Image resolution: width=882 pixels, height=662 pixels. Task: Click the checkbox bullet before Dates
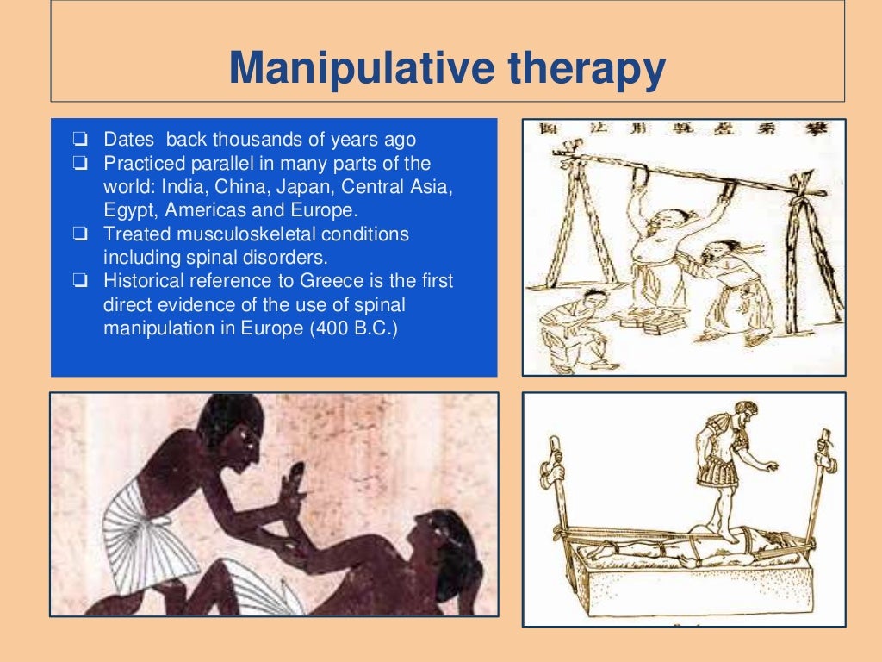pyautogui.click(x=79, y=141)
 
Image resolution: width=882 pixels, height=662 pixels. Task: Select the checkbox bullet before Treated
pyautogui.click(x=79, y=234)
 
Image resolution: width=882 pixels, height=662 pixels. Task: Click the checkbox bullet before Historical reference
pyautogui.click(x=79, y=281)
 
